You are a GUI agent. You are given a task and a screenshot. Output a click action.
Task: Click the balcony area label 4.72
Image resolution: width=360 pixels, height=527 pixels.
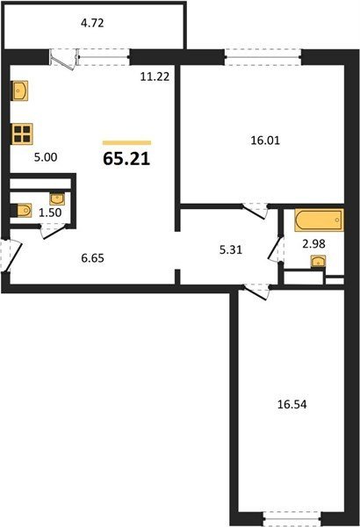click(x=92, y=23)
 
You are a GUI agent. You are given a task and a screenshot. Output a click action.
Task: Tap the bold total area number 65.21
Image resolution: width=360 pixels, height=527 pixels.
click(x=126, y=159)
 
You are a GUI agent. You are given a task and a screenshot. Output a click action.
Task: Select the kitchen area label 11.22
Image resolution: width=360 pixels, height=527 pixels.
click(x=155, y=77)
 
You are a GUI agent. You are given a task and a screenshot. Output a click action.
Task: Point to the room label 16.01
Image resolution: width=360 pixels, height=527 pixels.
click(x=265, y=141)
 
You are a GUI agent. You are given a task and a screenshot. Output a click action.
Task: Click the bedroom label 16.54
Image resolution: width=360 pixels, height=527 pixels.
click(x=292, y=404)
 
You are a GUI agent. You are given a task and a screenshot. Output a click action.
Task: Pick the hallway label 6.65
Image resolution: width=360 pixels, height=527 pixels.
click(x=93, y=258)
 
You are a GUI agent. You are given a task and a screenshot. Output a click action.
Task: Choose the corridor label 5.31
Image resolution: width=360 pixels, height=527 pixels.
click(x=231, y=250)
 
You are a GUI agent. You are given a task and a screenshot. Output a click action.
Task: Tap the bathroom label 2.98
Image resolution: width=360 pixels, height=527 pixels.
click(x=313, y=243)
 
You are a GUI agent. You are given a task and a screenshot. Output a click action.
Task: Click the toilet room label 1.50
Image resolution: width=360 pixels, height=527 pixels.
click(x=50, y=213)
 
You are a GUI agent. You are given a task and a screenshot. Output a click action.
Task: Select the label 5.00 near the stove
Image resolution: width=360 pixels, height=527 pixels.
click(x=46, y=157)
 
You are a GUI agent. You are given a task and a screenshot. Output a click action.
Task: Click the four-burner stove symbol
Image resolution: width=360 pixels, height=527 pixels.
click(x=22, y=134)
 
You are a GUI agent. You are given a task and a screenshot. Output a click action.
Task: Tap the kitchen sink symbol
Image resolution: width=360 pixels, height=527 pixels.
click(x=20, y=90)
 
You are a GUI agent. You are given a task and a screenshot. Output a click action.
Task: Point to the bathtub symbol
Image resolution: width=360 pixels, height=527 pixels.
click(x=319, y=220)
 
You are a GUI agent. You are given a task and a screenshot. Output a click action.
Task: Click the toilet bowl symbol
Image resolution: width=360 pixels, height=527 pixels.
click(x=23, y=211)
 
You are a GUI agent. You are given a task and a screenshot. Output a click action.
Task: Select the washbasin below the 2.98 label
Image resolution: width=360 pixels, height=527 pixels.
click(x=318, y=261)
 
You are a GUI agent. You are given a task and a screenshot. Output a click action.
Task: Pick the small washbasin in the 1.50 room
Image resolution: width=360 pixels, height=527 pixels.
click(x=57, y=199)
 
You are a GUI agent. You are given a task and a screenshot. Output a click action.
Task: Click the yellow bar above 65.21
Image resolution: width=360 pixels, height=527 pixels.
click(x=126, y=143)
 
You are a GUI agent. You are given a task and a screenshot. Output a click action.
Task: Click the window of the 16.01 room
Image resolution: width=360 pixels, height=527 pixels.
click(x=263, y=57)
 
